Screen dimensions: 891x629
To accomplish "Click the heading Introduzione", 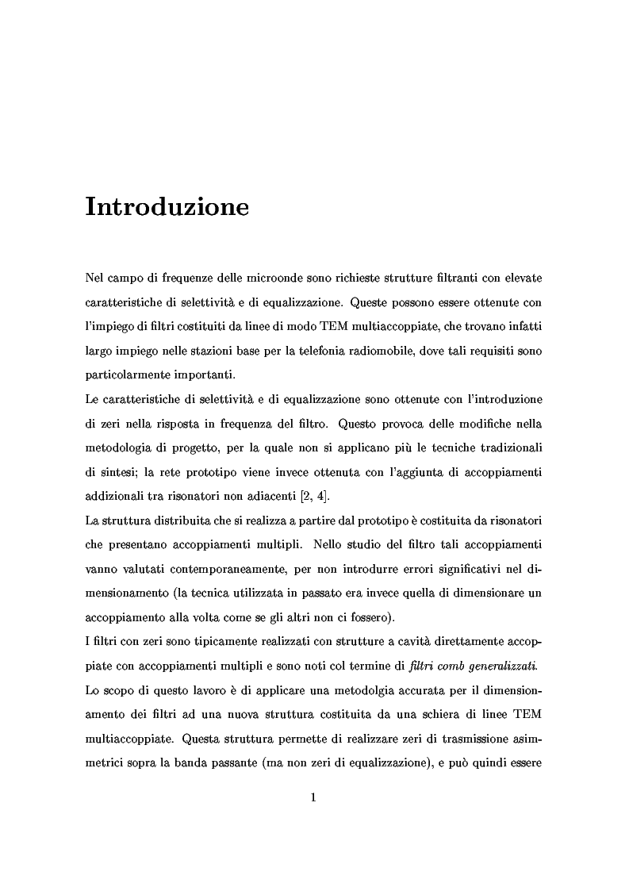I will click(167, 207).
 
